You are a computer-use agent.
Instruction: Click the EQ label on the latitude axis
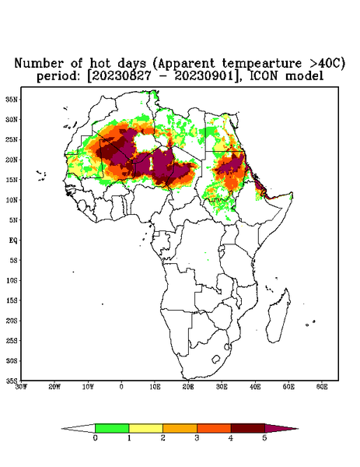(13, 240)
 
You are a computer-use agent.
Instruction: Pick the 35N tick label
(12, 99)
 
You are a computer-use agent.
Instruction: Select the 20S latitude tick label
(12, 321)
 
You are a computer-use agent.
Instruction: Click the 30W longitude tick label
(21, 387)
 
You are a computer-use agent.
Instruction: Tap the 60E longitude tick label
(322, 387)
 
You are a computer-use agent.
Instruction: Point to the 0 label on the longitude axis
(121, 387)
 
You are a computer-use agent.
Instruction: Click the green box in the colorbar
(112, 428)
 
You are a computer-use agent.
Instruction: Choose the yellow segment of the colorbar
(145, 428)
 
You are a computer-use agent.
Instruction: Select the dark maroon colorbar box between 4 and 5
(248, 428)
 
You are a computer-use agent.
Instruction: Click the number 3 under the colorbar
(197, 438)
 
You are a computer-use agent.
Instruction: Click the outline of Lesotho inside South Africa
(215, 359)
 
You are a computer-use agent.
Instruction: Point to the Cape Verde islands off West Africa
(41, 175)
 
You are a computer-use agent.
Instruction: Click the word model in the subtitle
(304, 76)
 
